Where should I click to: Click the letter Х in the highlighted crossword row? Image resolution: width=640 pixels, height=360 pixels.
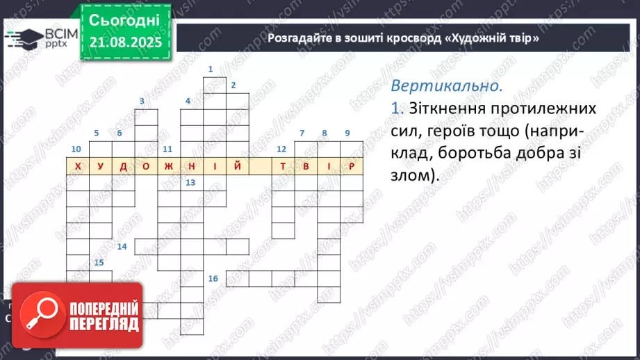click(x=77, y=167)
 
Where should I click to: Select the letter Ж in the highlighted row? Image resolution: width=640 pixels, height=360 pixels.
click(x=169, y=167)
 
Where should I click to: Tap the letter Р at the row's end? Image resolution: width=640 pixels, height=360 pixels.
click(x=352, y=167)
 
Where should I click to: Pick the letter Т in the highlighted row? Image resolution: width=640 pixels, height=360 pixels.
click(x=283, y=167)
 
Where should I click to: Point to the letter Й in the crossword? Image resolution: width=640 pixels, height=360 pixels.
click(x=238, y=167)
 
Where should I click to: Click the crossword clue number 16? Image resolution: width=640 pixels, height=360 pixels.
click(x=213, y=279)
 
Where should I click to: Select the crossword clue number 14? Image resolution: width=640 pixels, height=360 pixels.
click(x=122, y=247)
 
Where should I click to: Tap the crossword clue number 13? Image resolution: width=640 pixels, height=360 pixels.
click(x=190, y=183)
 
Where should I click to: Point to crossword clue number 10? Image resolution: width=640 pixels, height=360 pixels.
click(x=76, y=149)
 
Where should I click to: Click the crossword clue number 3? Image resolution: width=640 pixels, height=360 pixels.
click(x=142, y=101)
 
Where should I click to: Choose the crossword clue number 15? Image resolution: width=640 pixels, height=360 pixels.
click(x=99, y=262)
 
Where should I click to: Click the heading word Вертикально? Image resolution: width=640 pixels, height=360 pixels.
click(x=445, y=87)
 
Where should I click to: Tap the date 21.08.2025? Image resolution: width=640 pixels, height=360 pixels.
click(x=125, y=43)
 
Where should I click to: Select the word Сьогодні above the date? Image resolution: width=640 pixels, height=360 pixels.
click(x=125, y=19)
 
